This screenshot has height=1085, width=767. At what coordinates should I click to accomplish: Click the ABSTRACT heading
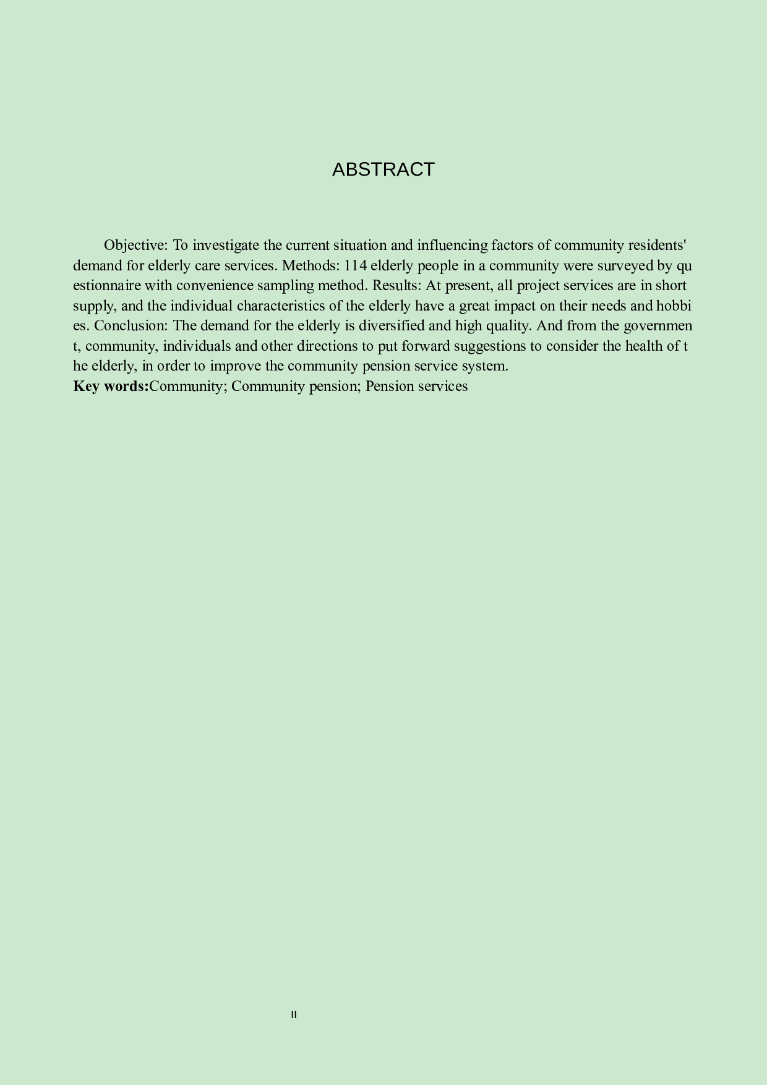[x=383, y=169]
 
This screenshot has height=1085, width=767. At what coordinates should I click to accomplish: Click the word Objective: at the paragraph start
[x=136, y=246]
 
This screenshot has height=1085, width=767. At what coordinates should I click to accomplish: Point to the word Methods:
[x=311, y=266]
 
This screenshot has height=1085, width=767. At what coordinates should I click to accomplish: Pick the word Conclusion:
[x=131, y=326]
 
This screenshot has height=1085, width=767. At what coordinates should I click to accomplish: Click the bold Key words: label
[x=111, y=386]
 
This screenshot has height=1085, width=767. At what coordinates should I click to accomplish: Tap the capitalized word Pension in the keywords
[x=388, y=386]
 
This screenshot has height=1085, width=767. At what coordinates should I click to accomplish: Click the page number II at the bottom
[x=294, y=1014]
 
